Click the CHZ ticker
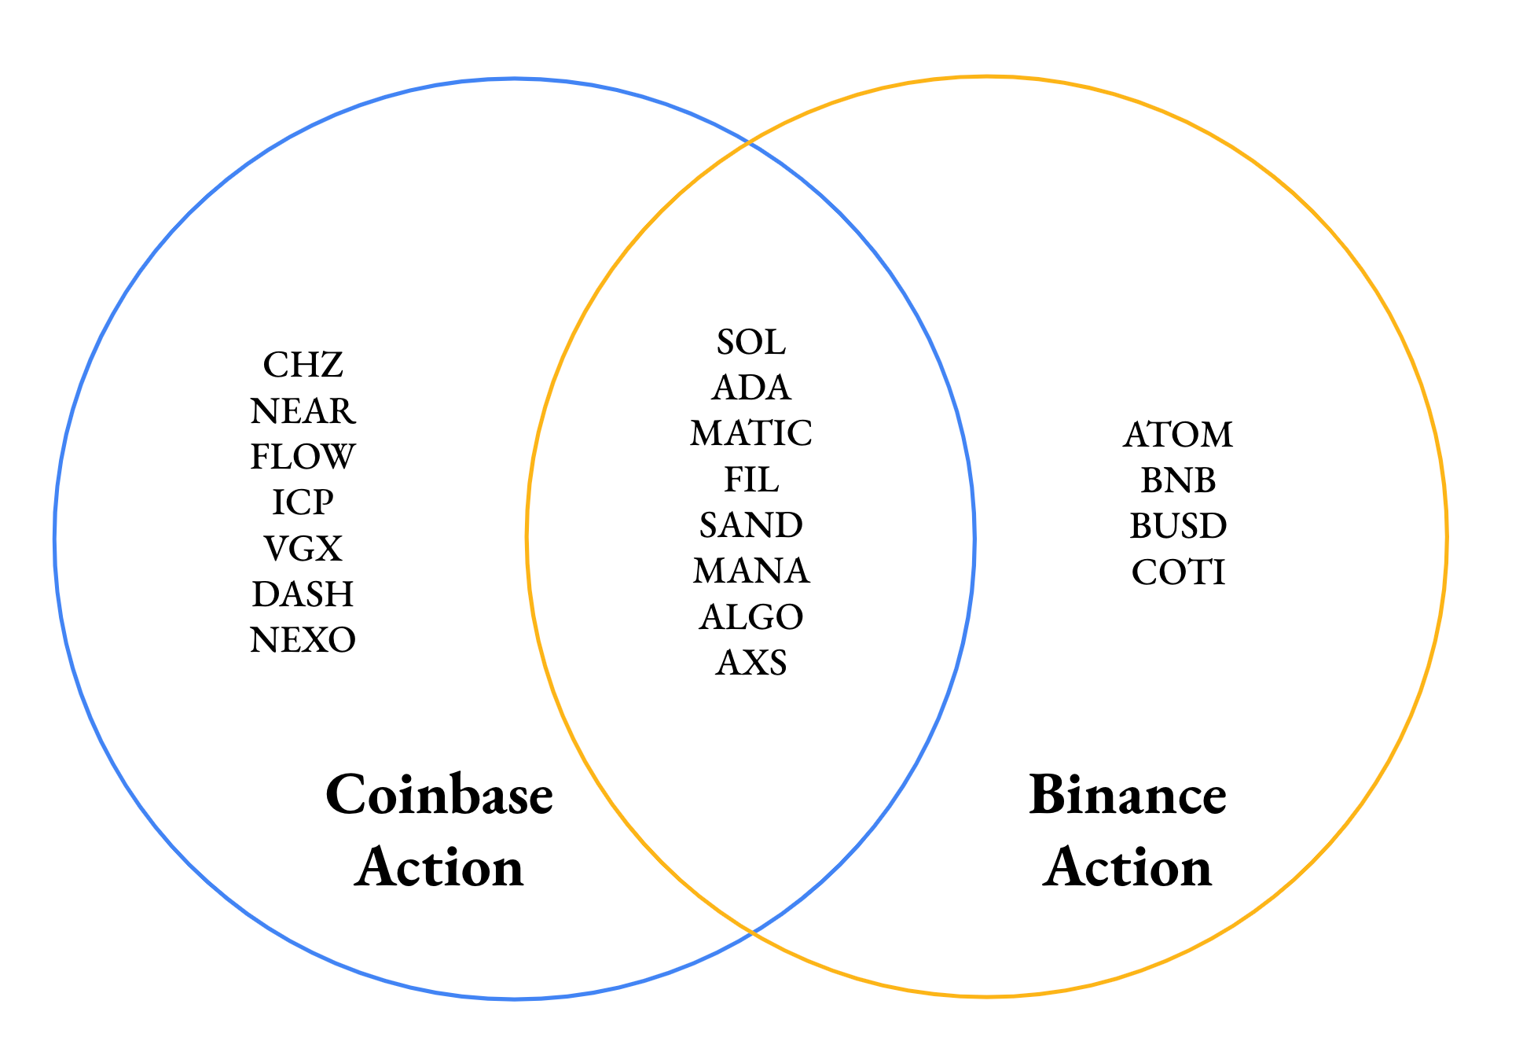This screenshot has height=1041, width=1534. tap(303, 365)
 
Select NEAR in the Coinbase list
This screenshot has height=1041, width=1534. tap(303, 410)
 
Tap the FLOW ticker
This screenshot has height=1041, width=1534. tap(303, 457)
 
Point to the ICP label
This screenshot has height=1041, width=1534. tap(303, 502)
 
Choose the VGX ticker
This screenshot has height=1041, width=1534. tap(303, 549)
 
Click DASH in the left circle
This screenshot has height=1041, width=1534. tap(303, 594)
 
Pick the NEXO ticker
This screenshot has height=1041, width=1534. tap(303, 640)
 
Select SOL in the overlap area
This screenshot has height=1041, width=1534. tap(751, 342)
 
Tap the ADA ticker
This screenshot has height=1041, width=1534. tap(751, 388)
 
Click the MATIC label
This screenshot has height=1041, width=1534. tap(751, 433)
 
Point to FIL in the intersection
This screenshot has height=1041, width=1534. tap(751, 480)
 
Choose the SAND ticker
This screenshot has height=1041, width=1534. tap(751, 525)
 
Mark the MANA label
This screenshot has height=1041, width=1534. tap(751, 571)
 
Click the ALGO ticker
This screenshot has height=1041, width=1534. tap(751, 617)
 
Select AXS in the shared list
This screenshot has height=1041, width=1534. tap(751, 663)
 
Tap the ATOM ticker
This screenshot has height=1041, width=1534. tap(1178, 435)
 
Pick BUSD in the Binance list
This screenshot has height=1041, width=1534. tap(1178, 526)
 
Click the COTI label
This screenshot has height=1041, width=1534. tap(1178, 572)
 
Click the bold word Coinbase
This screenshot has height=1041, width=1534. tap(439, 795)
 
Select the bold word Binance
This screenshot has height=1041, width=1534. tap(1128, 795)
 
